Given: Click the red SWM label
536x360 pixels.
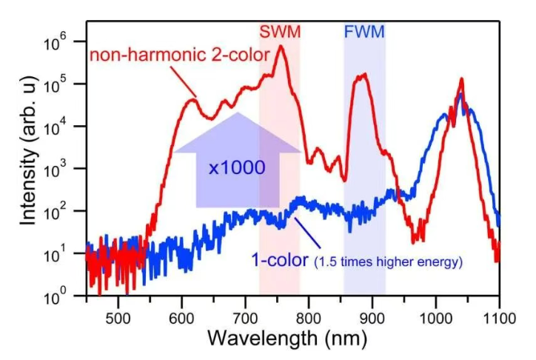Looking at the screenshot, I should [x=279, y=32].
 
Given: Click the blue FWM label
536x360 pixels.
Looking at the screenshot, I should [x=364, y=32].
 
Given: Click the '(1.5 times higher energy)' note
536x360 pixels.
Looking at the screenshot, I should [x=389, y=261].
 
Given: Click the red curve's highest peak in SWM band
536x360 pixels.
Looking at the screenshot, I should [x=281, y=47].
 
